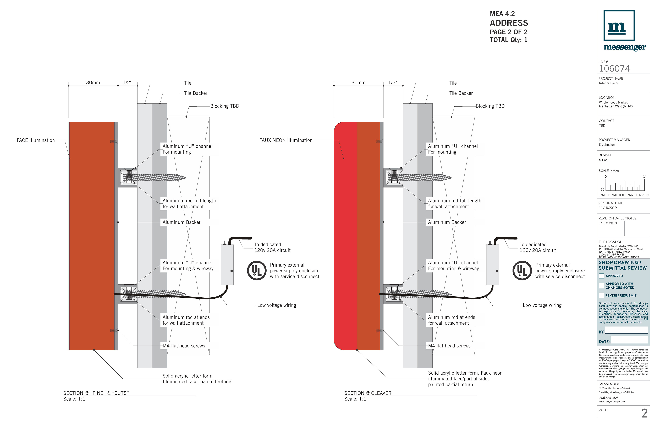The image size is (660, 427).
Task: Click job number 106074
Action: pos(614,69)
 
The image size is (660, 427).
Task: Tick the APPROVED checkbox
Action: pos(602,276)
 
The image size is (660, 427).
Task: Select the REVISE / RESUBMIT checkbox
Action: pos(602,295)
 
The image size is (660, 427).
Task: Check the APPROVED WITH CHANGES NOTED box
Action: pos(602,286)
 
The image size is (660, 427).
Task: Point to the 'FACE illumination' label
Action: pos(36,140)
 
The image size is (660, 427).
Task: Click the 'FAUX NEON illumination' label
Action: pos(286,140)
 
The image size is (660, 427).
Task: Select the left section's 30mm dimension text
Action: pos(93,83)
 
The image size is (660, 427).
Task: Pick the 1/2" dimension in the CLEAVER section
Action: pos(392,83)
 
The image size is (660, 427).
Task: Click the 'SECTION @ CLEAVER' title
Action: pos(368,393)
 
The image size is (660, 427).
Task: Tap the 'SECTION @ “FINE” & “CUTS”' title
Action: pos(96,393)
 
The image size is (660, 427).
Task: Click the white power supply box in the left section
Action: pos(227,265)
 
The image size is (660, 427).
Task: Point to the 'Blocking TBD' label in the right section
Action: pos(490,106)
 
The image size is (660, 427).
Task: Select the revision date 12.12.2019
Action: pos(608,223)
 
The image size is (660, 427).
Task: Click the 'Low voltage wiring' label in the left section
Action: pos(277,305)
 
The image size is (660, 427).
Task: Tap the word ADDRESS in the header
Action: pos(509,23)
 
